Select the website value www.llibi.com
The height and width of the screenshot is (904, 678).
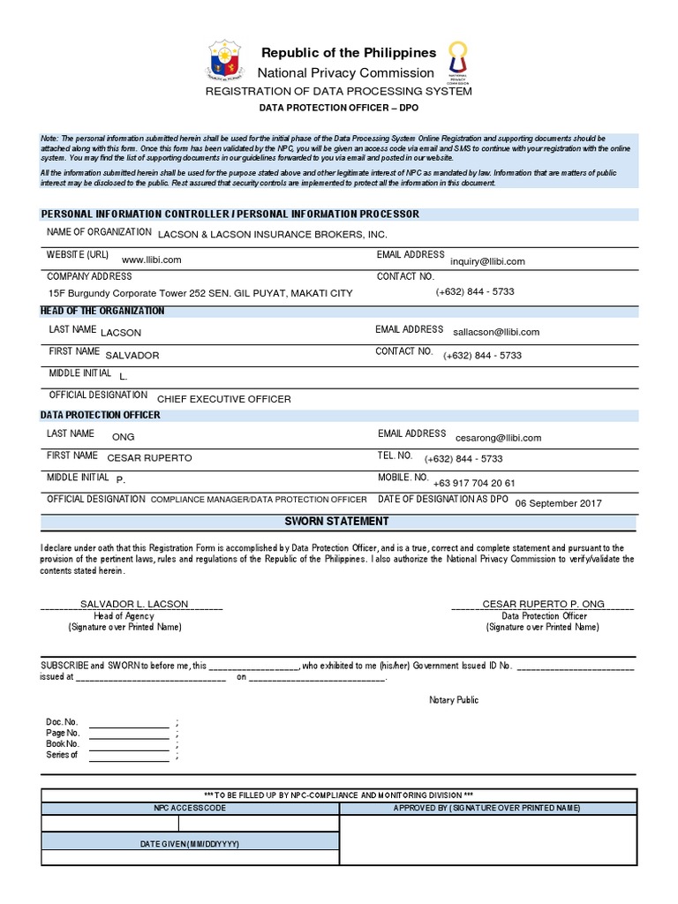[x=151, y=260]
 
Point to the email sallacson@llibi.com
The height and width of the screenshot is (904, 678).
[x=495, y=332]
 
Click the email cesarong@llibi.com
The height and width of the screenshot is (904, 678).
[x=498, y=437]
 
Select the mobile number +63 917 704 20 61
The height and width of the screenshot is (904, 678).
[x=473, y=483]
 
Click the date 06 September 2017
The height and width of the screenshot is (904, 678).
[x=558, y=503]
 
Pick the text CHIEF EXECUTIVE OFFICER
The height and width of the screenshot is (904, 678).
[x=223, y=399]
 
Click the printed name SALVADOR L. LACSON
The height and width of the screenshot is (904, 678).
[x=134, y=604]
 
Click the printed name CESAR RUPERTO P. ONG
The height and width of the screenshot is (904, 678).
[x=543, y=604]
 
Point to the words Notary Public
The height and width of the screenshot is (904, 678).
[x=454, y=700]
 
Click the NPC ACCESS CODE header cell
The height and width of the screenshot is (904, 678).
[x=190, y=808]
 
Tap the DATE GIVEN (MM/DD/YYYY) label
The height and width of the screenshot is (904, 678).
[x=190, y=844]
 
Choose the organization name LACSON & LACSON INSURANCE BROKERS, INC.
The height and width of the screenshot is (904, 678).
[x=272, y=234]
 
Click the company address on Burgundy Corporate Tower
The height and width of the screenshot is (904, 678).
[x=200, y=293]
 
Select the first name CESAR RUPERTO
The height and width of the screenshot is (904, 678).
[x=148, y=458]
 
